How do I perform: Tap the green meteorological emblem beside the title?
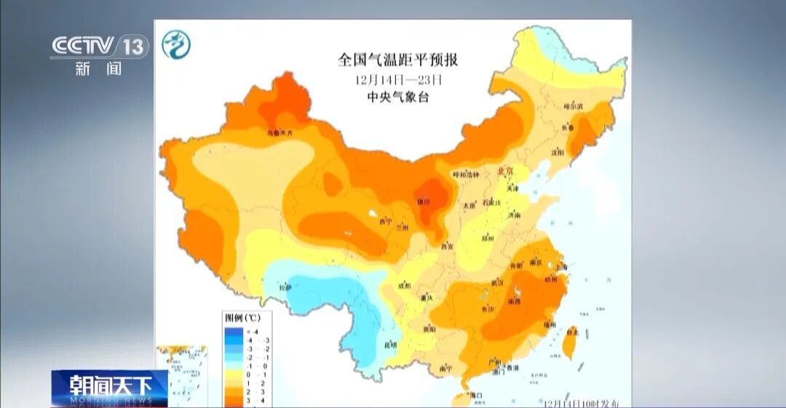click(176, 44)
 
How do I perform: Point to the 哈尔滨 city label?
click(574, 106)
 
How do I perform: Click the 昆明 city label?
click(392, 345)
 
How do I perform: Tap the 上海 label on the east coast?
click(561, 267)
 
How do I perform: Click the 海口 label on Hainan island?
click(477, 395)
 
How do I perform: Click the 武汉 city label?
click(499, 282)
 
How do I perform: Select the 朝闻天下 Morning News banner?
click(109, 388)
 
